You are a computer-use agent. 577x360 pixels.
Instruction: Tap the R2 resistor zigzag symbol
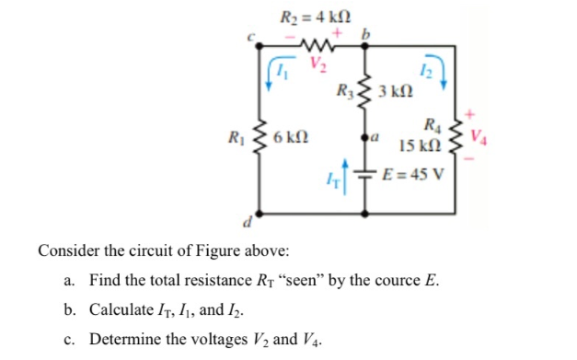click(317, 44)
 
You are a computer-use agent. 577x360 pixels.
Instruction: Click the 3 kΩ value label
click(394, 93)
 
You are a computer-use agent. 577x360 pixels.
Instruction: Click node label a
click(379, 138)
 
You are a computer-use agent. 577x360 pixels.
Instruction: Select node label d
click(246, 223)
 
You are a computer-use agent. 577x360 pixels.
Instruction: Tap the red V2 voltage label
click(317, 64)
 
